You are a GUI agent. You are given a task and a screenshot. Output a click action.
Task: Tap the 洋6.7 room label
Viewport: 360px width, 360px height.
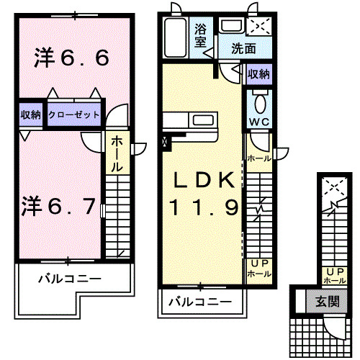58,207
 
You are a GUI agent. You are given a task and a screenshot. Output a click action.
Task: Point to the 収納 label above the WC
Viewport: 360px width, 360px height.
259,75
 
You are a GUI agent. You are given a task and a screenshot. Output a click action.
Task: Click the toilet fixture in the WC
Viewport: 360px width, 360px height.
259,99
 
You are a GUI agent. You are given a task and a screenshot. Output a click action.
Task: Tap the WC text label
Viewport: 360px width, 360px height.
258,122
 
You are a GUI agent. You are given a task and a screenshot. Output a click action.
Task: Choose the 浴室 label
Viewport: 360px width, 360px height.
201,35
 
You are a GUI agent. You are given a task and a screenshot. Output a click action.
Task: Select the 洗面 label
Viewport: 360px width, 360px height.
243,49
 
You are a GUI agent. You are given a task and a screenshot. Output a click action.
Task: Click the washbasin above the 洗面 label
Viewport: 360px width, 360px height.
231,27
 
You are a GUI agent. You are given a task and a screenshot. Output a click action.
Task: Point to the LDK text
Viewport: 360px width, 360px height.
203,180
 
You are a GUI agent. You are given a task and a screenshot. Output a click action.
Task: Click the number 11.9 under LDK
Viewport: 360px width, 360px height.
203,208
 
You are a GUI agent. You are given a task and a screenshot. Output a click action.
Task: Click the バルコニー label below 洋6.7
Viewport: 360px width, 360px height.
69,277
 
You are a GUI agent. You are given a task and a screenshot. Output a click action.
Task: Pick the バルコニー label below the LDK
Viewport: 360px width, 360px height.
200,302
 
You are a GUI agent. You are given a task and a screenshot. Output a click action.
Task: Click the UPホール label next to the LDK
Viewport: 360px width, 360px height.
259,268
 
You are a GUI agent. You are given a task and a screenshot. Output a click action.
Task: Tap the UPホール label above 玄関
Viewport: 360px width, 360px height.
333,275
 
